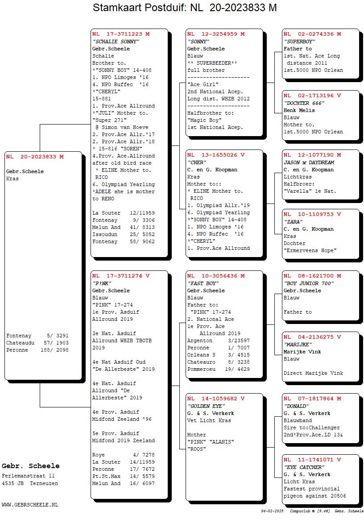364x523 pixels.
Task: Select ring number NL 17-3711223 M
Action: point(121,34)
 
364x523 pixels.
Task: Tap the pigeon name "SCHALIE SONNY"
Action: point(116,42)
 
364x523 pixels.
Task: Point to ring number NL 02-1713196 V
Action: point(312,95)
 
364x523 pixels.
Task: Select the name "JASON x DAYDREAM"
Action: point(309,162)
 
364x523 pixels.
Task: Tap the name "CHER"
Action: point(197,162)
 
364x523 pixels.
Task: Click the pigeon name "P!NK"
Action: point(102,283)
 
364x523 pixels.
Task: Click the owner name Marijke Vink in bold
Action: point(302,352)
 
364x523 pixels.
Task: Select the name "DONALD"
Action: point(296,406)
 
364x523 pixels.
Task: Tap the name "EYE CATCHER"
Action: point(304,467)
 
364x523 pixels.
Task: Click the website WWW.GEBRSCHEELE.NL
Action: point(30,505)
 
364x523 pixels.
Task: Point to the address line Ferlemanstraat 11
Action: point(28,476)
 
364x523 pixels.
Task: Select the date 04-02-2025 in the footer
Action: point(272,511)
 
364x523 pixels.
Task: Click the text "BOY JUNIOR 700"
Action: point(309,283)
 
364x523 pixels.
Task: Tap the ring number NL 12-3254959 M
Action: point(216,34)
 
